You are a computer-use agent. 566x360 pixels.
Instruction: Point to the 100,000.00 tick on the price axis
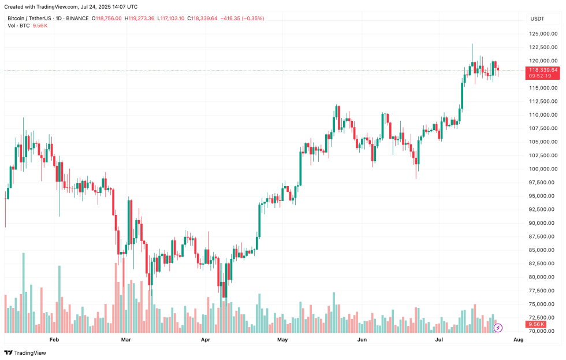543,169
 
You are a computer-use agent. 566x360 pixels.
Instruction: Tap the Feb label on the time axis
54,340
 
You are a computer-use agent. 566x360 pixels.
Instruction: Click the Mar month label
126,340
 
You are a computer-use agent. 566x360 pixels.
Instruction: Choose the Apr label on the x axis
206,340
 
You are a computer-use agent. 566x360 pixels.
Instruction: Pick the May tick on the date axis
282,340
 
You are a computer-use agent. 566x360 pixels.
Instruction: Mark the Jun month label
362,340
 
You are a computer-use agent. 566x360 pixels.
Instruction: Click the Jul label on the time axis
439,340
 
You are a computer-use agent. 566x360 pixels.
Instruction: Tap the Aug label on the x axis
518,340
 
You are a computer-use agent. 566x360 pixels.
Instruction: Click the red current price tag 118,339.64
543,70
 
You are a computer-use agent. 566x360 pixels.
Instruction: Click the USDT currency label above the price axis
537,18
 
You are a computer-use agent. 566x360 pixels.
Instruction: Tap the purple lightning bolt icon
498,328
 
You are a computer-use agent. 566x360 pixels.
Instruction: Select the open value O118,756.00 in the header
107,18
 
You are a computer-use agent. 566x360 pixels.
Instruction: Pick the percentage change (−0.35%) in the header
252,18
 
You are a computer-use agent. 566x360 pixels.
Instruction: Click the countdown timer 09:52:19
540,76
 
